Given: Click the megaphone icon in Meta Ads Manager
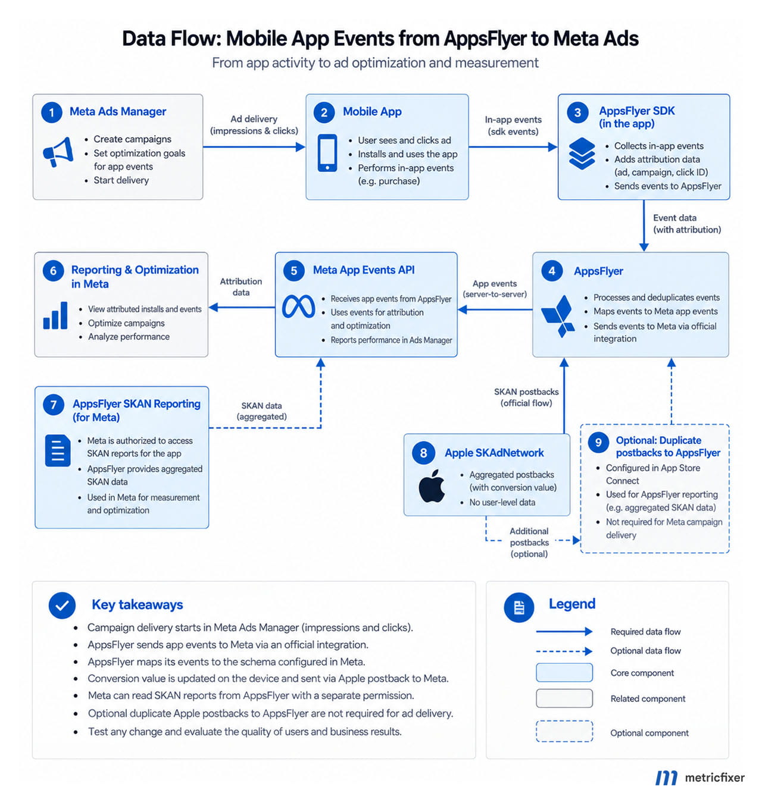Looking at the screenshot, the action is [58, 152].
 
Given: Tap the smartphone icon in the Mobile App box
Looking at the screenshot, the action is [327, 153].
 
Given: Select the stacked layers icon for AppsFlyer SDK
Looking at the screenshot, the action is [582, 153].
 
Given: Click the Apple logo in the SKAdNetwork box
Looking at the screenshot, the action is [431, 485].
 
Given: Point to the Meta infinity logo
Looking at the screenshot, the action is [298, 306].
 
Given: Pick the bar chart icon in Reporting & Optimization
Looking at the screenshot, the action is [55, 315].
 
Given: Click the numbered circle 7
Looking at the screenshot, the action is [53, 404].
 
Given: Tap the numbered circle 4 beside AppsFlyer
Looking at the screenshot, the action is [552, 271].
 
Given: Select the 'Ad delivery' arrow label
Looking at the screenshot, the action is [254, 125].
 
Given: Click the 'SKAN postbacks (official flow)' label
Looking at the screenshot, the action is [526, 397].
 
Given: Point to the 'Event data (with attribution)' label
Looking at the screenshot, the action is [687, 224].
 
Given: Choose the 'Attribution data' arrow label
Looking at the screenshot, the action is [241, 287].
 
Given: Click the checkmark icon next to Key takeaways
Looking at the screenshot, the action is [62, 606].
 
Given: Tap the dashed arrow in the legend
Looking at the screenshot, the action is [564, 651].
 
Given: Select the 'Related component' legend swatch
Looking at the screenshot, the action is [564, 698].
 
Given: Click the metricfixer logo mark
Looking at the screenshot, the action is [666, 778].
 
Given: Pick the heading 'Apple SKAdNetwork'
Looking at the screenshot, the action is [494, 453].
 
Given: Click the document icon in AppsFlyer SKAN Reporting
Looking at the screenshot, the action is [58, 450].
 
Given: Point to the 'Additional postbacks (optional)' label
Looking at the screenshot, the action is [529, 542].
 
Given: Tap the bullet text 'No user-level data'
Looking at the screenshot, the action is [502, 502].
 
